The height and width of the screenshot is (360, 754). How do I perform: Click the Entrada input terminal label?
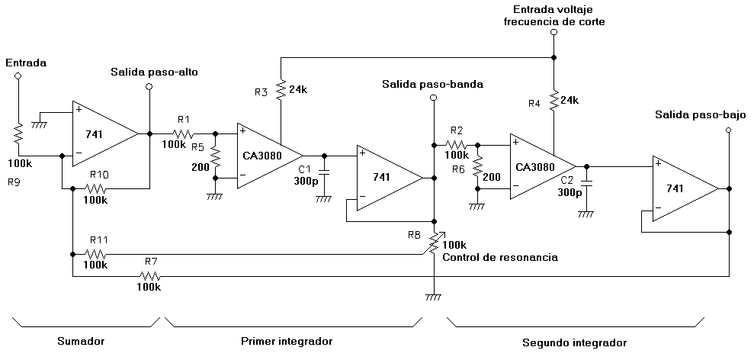click(x=26, y=63)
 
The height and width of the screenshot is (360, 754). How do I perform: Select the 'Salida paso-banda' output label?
click(x=432, y=84)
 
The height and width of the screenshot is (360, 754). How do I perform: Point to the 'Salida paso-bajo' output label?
click(x=700, y=115)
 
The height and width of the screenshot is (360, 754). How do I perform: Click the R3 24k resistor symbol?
click(x=281, y=90)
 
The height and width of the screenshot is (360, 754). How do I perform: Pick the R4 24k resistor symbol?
click(x=554, y=99)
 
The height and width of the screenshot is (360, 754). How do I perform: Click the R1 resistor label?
click(x=184, y=119)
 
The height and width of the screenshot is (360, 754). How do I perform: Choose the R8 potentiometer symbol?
click(x=434, y=243)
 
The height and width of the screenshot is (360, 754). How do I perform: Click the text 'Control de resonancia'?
click(x=499, y=257)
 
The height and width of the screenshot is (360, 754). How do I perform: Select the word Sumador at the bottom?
click(x=80, y=341)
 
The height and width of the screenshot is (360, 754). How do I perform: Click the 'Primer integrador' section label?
click(x=286, y=341)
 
